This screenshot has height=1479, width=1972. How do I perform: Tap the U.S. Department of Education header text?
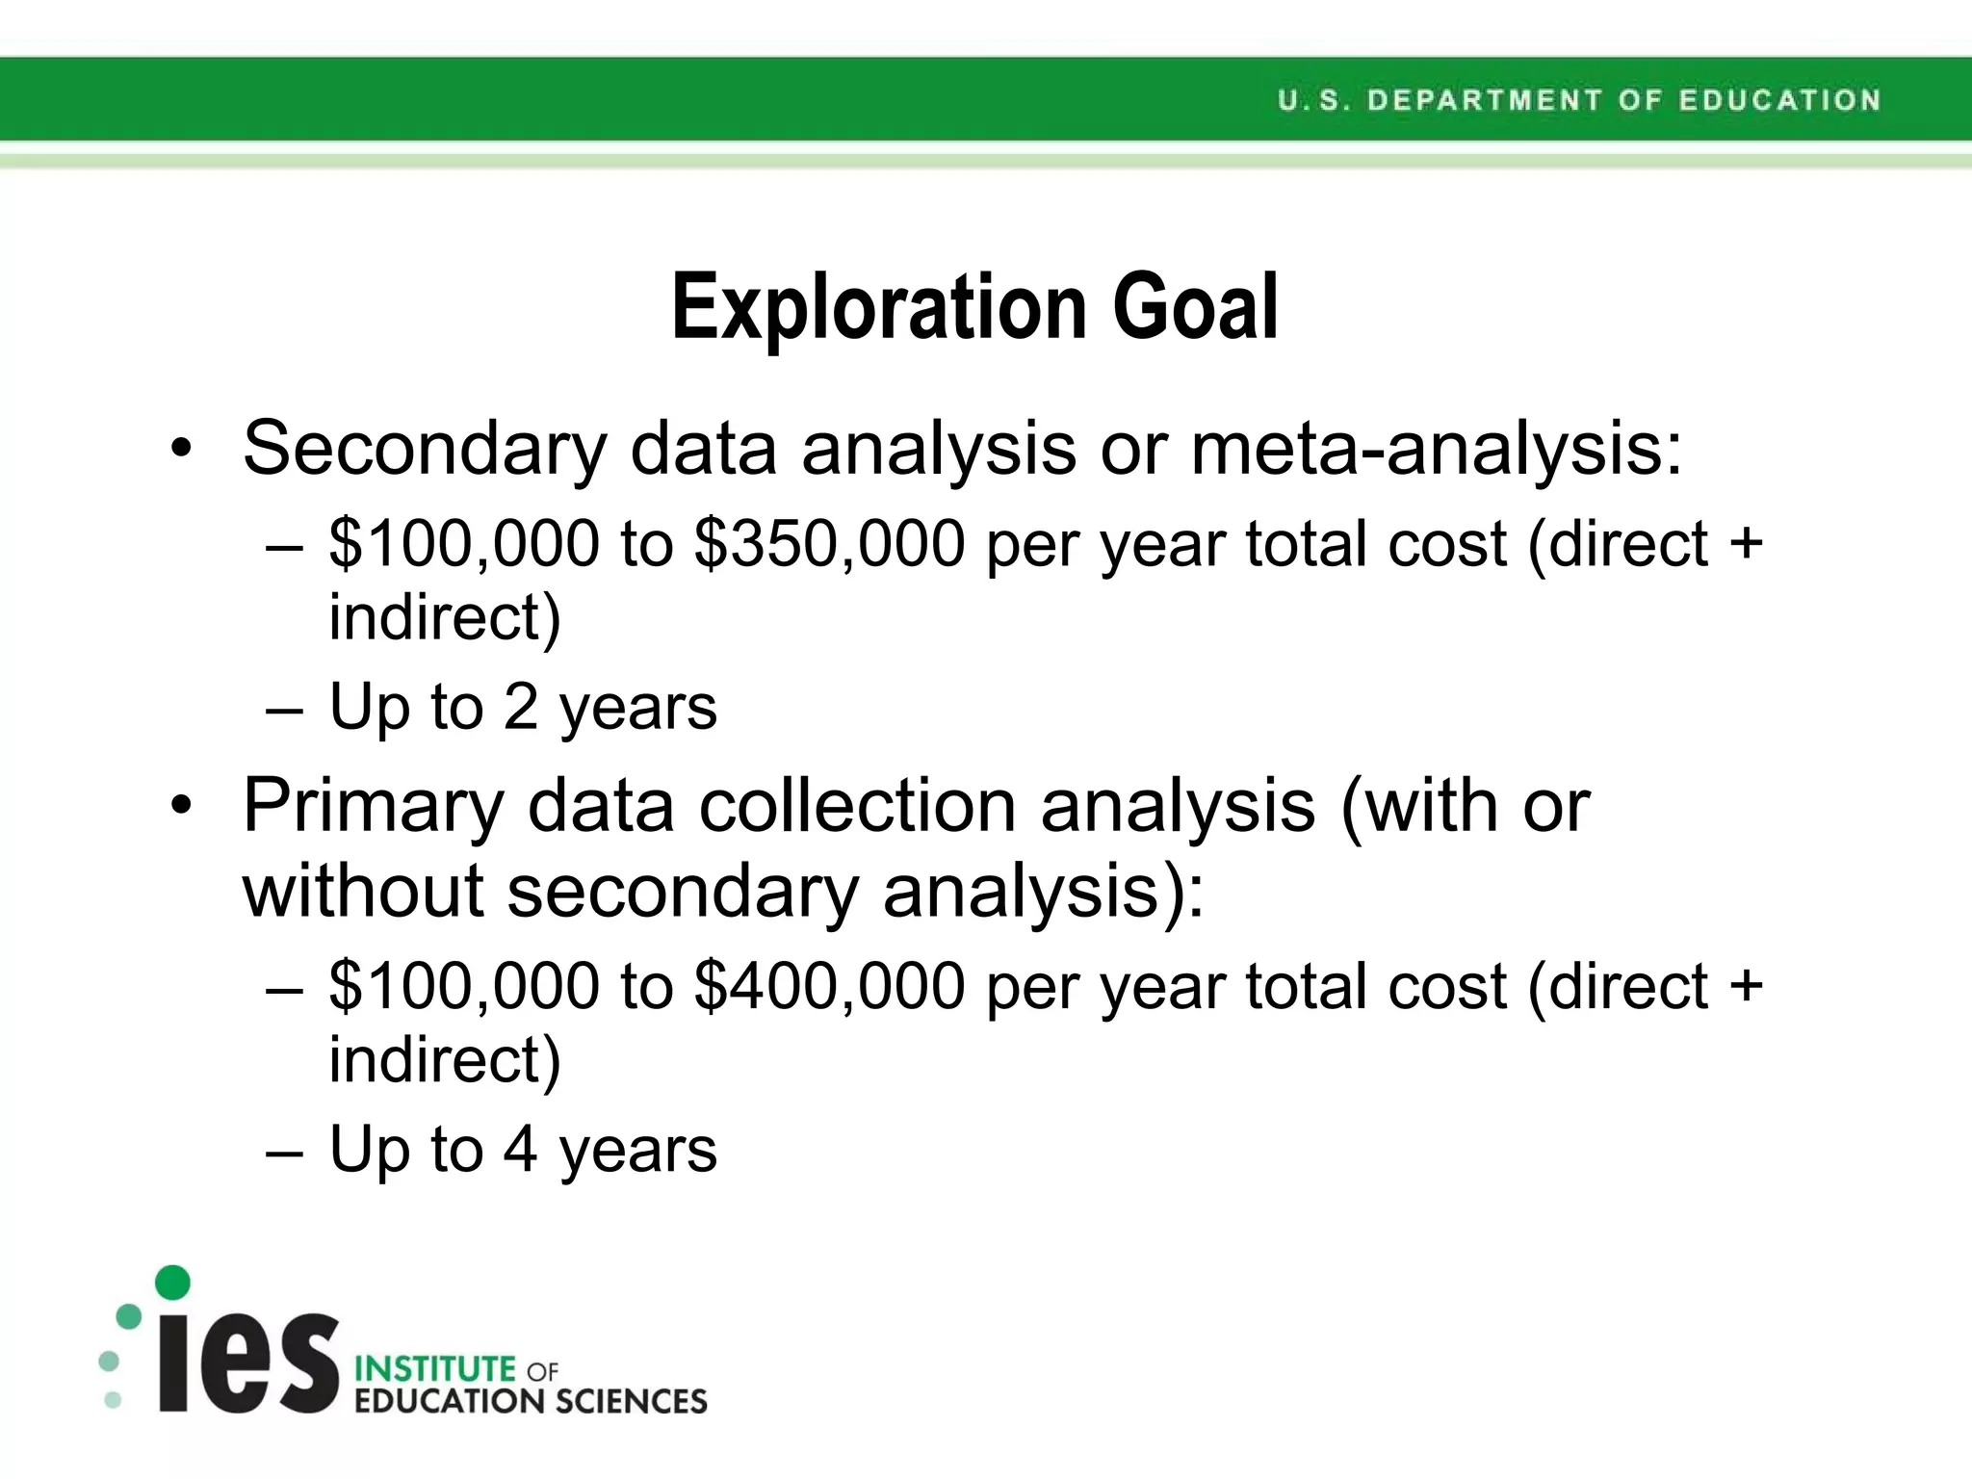[x=1578, y=100]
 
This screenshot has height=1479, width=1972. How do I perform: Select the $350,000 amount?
[x=829, y=544]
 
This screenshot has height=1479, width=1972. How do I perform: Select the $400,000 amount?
[x=829, y=987]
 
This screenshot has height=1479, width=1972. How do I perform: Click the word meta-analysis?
[x=1436, y=449]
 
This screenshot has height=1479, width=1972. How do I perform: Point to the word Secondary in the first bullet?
[x=424, y=449]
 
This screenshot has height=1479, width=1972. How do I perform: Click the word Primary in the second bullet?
[x=374, y=806]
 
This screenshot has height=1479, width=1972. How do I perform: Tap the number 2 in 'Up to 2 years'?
[x=521, y=707]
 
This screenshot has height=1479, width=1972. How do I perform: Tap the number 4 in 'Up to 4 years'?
[x=521, y=1150]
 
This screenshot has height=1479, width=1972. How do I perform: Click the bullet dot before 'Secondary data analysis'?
[x=181, y=450]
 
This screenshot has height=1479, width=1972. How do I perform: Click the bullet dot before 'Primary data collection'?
[x=181, y=806]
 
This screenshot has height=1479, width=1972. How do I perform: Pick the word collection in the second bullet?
[x=857, y=806]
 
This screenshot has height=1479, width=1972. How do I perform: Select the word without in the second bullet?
[x=362, y=891]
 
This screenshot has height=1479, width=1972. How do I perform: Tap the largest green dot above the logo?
[x=172, y=1282]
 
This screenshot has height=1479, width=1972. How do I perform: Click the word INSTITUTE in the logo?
[x=435, y=1368]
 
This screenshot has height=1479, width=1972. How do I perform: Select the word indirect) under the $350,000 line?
[x=444, y=617]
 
